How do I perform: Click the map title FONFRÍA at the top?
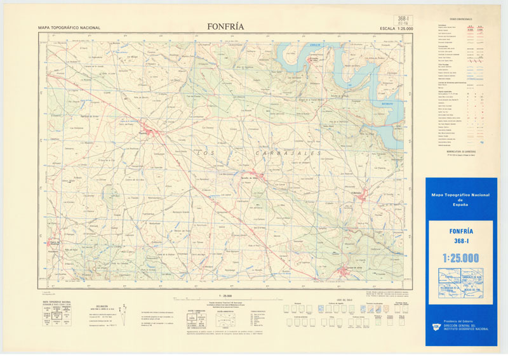(x=225, y=27)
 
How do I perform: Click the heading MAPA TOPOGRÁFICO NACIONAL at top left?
(x=69, y=29)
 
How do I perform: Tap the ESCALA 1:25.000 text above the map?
(x=396, y=29)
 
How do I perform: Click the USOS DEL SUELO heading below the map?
(x=345, y=300)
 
